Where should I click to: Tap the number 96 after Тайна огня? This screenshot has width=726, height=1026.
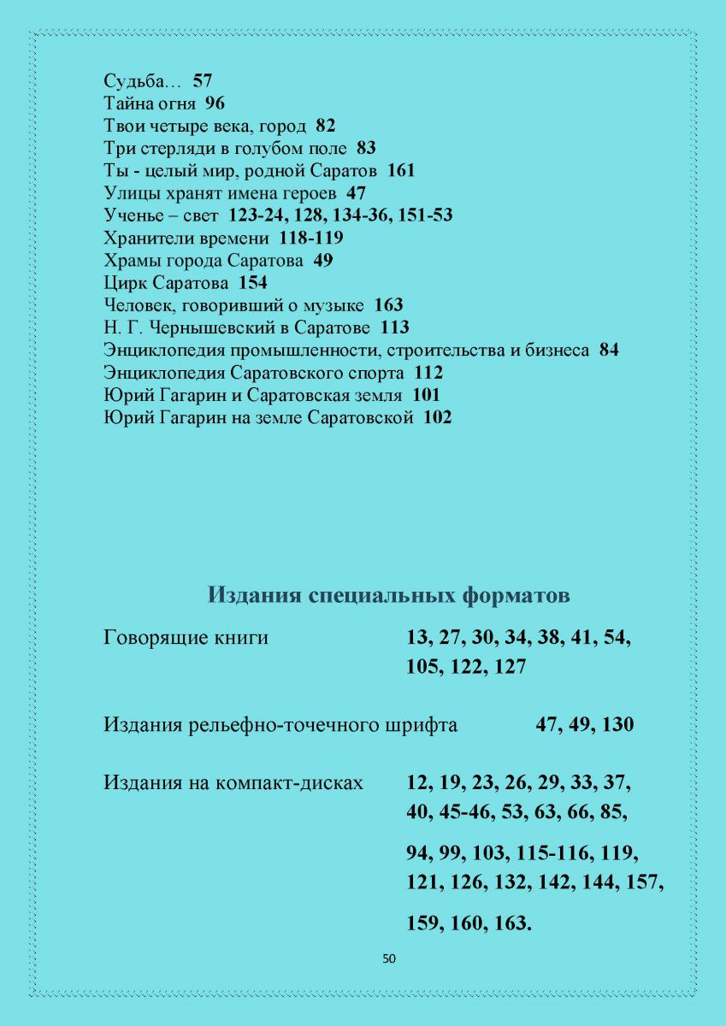click(215, 104)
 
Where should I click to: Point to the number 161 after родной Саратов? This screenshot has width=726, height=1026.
click(401, 171)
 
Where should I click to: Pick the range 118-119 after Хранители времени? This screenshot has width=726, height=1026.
click(311, 238)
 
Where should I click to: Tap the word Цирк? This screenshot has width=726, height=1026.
click(122, 282)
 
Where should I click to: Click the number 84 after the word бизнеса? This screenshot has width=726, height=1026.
click(609, 350)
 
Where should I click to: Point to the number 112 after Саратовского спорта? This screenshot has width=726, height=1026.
click(428, 373)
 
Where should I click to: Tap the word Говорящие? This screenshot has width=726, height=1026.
click(151, 638)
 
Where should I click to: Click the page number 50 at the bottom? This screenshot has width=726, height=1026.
click(389, 958)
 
